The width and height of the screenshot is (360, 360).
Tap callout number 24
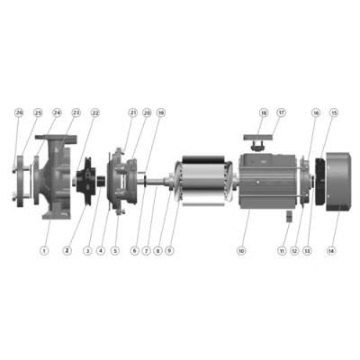[x=58, y=112]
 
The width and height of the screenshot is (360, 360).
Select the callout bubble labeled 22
[x=95, y=112]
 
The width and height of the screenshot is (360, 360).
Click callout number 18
[x=264, y=112]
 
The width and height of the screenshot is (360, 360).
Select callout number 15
[x=335, y=112]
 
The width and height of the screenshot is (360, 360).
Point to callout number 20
[x=147, y=112]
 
